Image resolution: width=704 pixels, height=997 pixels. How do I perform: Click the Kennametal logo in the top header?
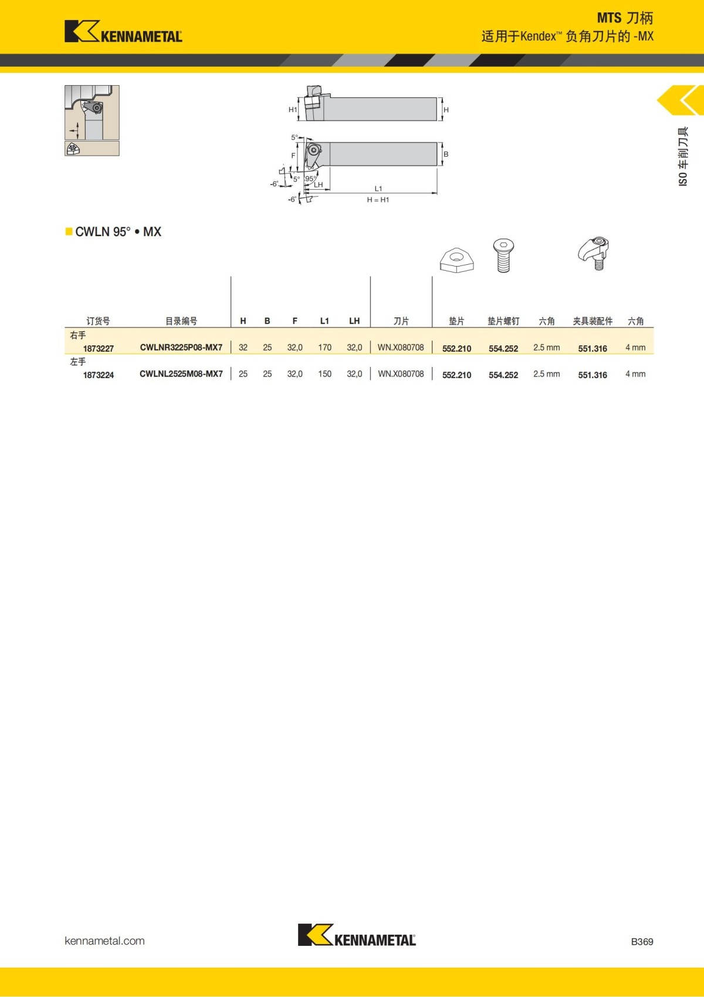coord(123,32)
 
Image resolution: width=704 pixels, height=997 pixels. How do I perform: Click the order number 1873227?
coord(99,348)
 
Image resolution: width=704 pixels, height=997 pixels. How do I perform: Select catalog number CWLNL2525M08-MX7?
coord(181,374)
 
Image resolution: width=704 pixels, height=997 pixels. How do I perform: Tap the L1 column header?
coord(324,321)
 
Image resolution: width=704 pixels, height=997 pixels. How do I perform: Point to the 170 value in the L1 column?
coord(324,348)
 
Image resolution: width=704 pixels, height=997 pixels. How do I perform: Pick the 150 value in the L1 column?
coord(324,374)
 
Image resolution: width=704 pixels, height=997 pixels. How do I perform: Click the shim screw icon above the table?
coord(503,255)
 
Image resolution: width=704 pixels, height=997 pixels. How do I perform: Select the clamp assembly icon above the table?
coord(594,253)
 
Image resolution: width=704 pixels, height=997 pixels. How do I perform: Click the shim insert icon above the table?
coord(456,260)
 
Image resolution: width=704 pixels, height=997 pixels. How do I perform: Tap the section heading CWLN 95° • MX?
coord(118,232)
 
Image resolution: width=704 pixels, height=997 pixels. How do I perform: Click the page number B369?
coord(642,941)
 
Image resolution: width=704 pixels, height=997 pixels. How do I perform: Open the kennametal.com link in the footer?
coord(104,941)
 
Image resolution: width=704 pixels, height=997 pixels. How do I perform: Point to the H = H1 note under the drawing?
coord(378,200)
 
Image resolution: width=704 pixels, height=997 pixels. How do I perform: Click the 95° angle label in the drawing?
coord(310,178)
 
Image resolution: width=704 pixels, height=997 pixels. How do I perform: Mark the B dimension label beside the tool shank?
coord(446,154)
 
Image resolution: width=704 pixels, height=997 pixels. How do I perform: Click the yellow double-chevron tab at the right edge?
coord(682,100)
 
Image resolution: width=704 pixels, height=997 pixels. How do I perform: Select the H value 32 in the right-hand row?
coord(243,348)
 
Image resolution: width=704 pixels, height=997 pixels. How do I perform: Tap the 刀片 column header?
coord(401,321)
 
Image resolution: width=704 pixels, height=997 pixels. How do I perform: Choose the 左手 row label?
coord(78,362)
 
